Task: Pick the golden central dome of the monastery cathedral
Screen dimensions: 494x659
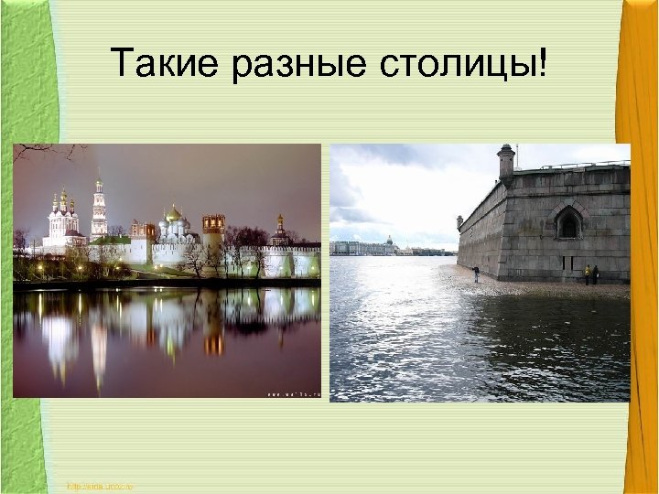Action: click(172, 216)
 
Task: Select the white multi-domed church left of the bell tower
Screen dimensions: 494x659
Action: click(62, 217)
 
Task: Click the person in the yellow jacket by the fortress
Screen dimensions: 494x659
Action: click(587, 274)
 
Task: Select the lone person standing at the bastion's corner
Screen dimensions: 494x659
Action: click(475, 273)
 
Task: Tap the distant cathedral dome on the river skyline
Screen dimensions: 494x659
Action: click(390, 242)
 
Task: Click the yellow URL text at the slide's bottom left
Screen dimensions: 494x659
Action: click(100, 486)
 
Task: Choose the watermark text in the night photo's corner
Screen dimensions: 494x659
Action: click(292, 392)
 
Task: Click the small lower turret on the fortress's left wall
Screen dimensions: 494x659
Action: click(460, 221)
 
